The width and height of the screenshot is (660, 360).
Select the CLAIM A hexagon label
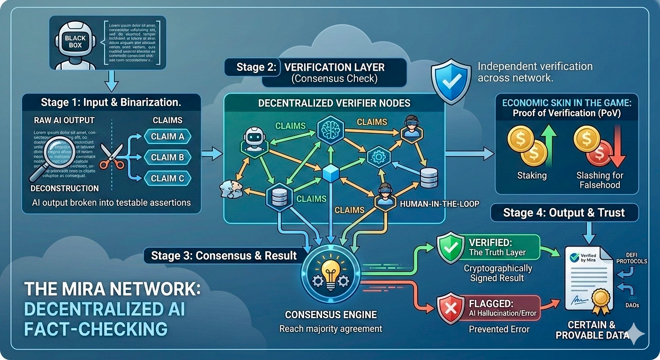(167, 136)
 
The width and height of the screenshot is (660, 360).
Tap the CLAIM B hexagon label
(167, 157)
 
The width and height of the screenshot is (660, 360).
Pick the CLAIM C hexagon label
(167, 178)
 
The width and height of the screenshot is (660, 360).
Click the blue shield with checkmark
(450, 81)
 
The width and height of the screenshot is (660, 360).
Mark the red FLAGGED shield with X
(450, 308)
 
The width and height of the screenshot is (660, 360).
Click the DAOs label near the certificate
(632, 306)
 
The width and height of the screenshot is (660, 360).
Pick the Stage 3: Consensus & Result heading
(224, 255)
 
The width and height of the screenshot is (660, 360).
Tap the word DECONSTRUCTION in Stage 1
(65, 188)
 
